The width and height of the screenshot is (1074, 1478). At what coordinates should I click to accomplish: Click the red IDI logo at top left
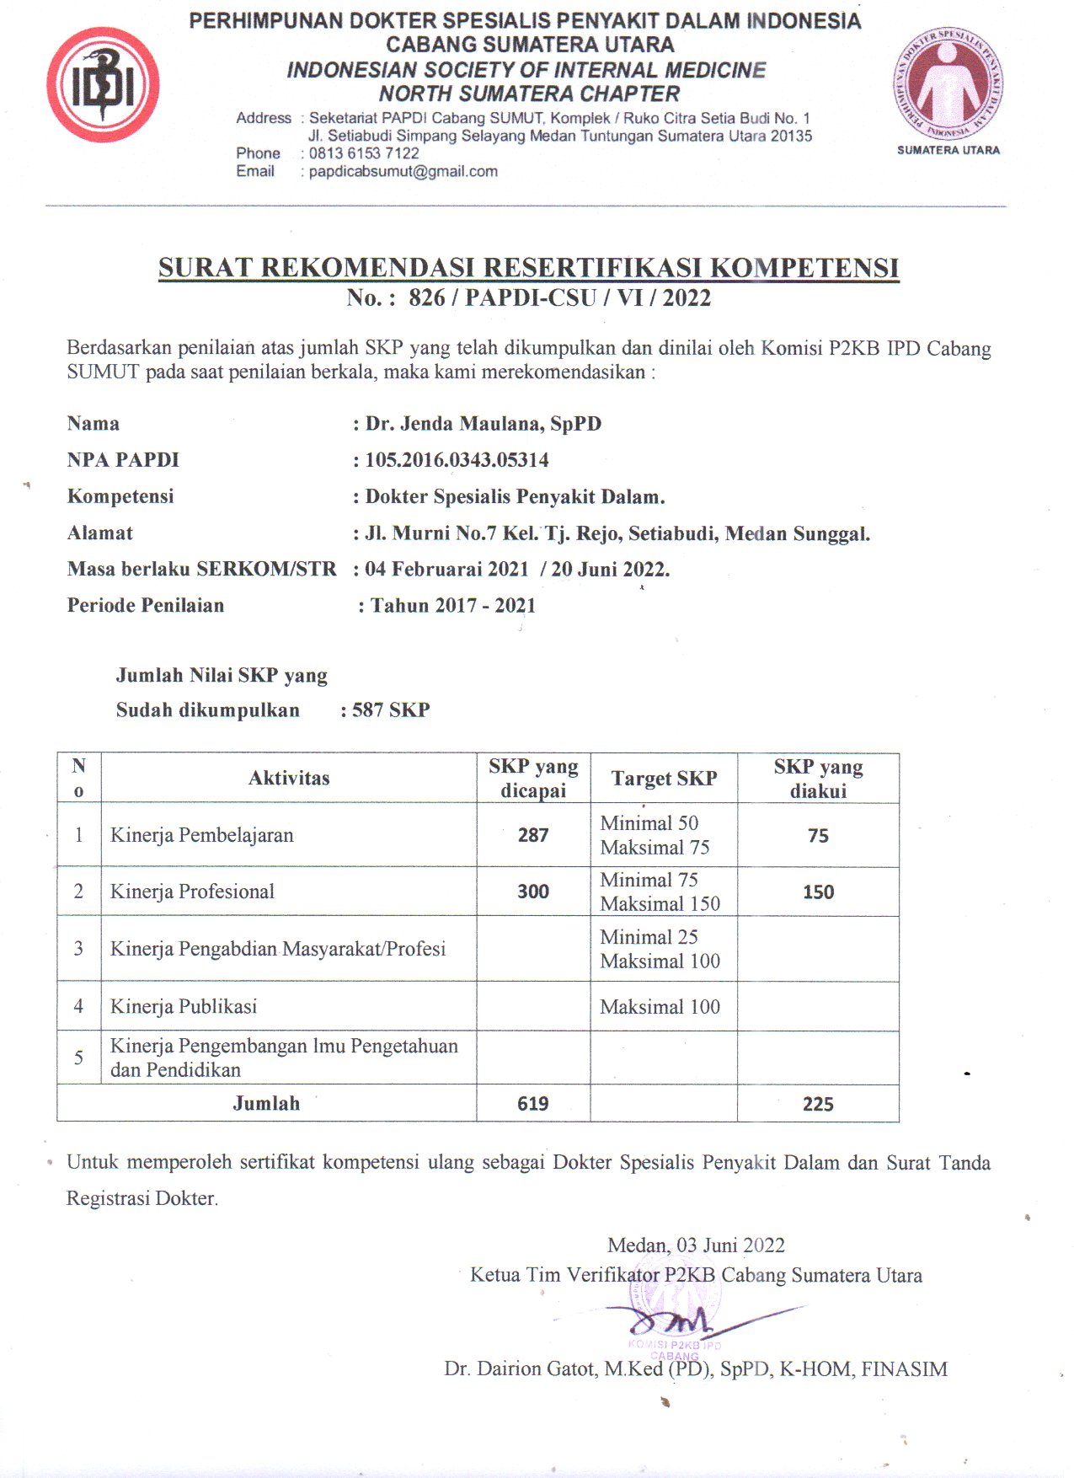[103, 84]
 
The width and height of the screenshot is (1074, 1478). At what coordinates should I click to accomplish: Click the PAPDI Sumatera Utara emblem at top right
[948, 84]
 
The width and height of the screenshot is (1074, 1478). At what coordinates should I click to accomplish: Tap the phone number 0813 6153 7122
[364, 153]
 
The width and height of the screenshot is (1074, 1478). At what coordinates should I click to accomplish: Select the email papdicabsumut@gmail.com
[403, 171]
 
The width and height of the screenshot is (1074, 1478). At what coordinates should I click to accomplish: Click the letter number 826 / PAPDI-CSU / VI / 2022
[559, 297]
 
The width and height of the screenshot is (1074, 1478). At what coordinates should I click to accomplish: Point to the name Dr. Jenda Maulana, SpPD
[484, 423]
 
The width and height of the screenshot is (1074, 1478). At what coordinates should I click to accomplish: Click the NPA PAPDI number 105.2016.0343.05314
[457, 460]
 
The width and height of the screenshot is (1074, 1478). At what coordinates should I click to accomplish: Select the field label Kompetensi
[120, 496]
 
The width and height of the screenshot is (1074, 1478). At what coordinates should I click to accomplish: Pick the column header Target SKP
[664, 779]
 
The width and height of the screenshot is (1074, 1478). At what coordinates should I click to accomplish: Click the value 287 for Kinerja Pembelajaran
[533, 835]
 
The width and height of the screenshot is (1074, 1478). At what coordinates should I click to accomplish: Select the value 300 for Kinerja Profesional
[533, 892]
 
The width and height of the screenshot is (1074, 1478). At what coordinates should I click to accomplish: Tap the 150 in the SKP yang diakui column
[818, 892]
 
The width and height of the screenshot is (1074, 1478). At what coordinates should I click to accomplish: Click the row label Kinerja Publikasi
[184, 1006]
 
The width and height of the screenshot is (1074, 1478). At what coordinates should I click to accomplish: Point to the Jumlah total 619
[533, 1104]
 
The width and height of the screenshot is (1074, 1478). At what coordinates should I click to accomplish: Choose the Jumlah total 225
[818, 1104]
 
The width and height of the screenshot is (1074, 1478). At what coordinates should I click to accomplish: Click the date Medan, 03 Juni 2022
[696, 1245]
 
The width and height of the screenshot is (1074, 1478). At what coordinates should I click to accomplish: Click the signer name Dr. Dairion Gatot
[521, 1369]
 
